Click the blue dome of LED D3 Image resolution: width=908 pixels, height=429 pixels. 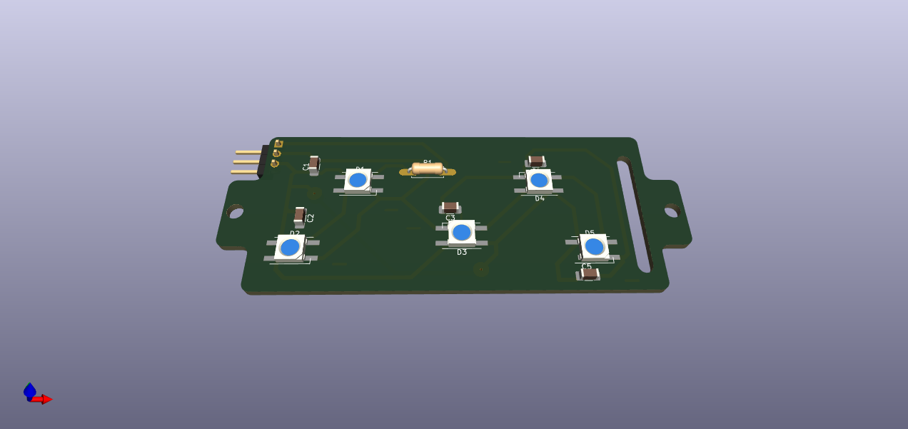(x=462, y=232)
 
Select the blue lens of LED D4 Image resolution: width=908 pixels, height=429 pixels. (x=539, y=179)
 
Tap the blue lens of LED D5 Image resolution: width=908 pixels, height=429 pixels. (x=594, y=247)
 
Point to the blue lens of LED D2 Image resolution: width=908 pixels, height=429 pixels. (x=290, y=247)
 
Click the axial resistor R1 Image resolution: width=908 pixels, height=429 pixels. (x=427, y=168)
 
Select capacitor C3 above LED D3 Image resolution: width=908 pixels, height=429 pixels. (x=450, y=207)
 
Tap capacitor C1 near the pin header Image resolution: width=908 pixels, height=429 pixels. (x=313, y=163)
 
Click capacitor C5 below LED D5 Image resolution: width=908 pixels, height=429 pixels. (x=589, y=273)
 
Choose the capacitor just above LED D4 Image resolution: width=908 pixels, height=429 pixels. (x=537, y=161)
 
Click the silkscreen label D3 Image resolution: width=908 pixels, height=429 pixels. (x=462, y=252)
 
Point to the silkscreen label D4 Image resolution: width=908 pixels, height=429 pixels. (x=540, y=198)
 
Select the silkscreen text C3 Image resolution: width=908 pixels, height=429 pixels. (x=450, y=218)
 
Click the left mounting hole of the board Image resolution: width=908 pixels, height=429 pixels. (x=235, y=211)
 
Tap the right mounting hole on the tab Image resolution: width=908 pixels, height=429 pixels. (x=671, y=211)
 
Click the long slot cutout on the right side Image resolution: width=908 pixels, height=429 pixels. (x=634, y=214)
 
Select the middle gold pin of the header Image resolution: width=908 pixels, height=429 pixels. (x=246, y=162)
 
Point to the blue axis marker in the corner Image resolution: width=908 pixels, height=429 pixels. (x=29, y=390)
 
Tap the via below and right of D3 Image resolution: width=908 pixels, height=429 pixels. (x=480, y=270)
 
